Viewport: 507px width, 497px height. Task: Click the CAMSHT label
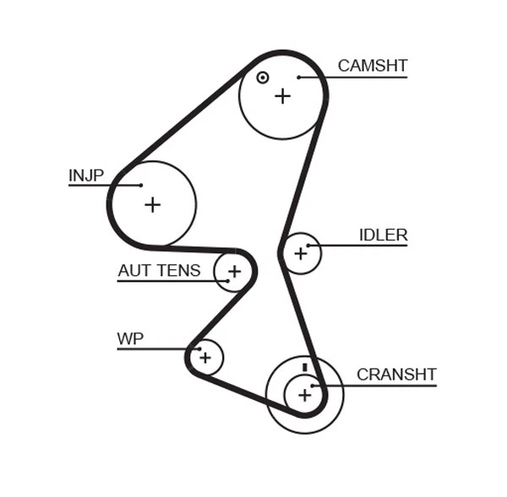(372, 66)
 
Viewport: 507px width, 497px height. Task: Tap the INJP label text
(85, 176)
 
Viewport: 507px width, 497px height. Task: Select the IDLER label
(383, 235)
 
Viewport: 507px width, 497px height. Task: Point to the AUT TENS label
(159, 271)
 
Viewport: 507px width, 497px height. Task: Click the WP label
(130, 339)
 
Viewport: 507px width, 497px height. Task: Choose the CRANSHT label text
(395, 375)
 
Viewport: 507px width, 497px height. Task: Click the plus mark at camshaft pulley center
(282, 96)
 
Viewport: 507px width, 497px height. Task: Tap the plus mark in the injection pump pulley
(152, 204)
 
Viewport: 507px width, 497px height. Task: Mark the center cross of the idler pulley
(300, 253)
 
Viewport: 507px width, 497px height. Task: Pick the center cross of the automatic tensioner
(234, 272)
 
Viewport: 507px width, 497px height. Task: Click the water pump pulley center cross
(204, 358)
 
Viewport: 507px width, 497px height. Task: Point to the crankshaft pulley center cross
(304, 394)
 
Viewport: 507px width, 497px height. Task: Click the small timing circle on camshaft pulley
(263, 78)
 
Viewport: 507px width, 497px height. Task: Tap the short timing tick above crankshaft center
(304, 369)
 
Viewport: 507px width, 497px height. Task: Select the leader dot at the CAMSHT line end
(299, 78)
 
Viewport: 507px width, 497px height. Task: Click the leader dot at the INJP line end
(141, 185)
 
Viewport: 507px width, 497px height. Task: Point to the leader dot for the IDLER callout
(309, 246)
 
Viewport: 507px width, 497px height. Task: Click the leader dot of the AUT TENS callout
(227, 280)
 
